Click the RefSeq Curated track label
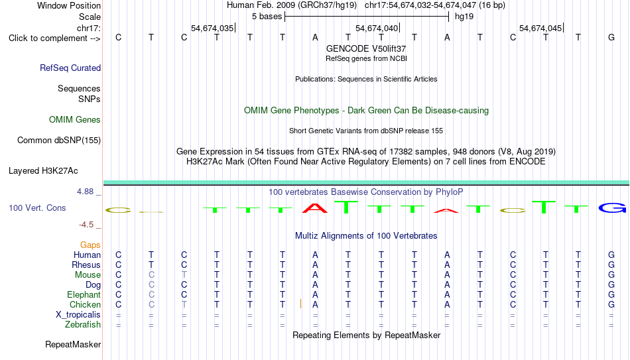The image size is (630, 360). (x=70, y=68)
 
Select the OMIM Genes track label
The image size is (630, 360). (x=75, y=120)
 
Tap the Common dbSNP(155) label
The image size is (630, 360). (x=59, y=141)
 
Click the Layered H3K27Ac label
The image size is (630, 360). (x=43, y=171)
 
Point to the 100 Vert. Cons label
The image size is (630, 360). (x=37, y=208)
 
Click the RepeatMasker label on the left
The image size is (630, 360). (x=73, y=344)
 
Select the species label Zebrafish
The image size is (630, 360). (x=83, y=324)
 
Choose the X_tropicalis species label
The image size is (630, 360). (x=78, y=315)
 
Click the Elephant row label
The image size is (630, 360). (x=84, y=294)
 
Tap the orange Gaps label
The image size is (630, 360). (x=90, y=245)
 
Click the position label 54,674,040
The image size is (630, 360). (x=377, y=28)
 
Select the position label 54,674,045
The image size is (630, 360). (x=540, y=28)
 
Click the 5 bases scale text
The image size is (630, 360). (x=267, y=17)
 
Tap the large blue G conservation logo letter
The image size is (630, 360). (x=612, y=208)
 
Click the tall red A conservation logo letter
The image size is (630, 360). (x=315, y=208)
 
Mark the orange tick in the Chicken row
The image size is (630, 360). (x=300, y=304)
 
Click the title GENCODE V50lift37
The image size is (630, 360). (x=366, y=48)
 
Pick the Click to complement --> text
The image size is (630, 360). (x=54, y=38)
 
